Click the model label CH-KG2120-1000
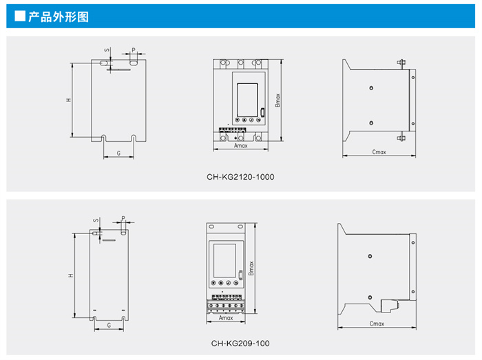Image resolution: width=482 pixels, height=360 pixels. point(240,177)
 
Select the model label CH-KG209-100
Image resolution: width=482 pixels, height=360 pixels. point(240,343)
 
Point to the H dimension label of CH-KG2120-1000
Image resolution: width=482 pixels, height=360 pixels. point(68,100)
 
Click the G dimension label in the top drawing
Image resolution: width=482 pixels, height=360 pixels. point(118,152)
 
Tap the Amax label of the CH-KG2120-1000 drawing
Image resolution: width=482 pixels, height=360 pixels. point(240,146)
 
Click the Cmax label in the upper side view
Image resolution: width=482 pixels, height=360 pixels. point(378,151)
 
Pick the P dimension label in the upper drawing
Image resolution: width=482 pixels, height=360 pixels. point(133,50)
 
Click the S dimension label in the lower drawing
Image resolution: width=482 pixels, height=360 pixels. point(96,220)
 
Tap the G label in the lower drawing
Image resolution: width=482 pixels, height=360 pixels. point(109,324)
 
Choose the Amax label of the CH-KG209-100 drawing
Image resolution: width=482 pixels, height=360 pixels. point(225,319)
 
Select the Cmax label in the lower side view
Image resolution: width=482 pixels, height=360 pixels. point(377,323)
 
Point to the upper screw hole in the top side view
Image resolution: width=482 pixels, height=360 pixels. point(372,88)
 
